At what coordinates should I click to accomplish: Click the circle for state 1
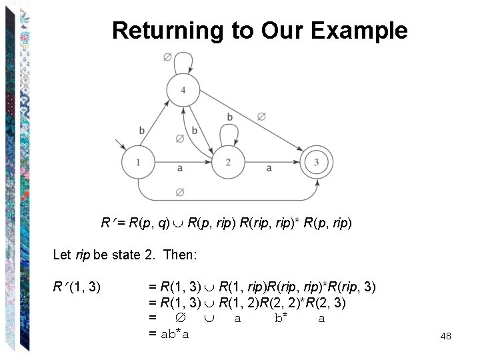[139, 162]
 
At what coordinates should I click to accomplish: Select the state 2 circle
[228, 162]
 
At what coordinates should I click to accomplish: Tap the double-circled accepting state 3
[317, 162]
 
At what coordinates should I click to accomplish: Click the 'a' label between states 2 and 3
[269, 169]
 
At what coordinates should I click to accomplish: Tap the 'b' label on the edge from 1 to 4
[141, 129]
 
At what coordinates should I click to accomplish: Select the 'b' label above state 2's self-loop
[229, 117]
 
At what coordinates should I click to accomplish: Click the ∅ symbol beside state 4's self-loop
[167, 58]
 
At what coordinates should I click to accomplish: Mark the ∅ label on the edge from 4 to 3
[261, 116]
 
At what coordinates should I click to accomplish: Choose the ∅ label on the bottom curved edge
[179, 192]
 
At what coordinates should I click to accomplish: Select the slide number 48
[446, 336]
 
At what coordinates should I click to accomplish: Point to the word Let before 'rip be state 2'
[61, 255]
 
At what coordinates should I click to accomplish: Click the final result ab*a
[175, 333]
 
